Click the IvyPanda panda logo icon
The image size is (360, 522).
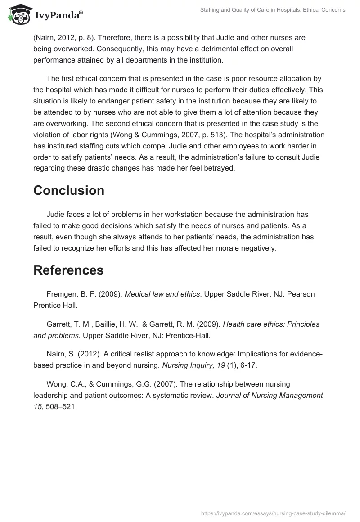pos(18,14)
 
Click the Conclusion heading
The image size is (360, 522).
pos(69,190)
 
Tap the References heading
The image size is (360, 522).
pos(68,270)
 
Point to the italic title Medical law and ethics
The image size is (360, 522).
pos(162,294)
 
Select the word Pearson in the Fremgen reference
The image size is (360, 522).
pos(301,294)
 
